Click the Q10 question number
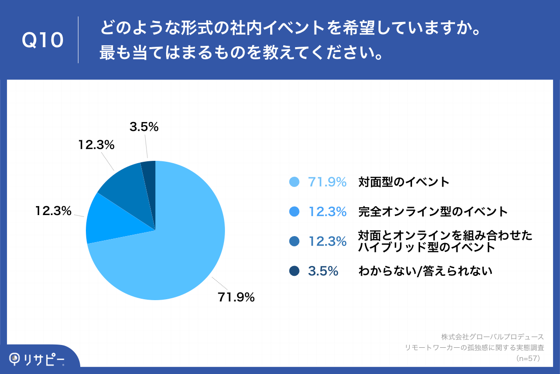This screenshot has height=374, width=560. (42, 40)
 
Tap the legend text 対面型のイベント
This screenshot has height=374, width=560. (404, 182)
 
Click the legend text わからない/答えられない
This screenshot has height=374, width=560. (425, 271)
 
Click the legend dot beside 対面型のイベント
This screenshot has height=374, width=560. (294, 182)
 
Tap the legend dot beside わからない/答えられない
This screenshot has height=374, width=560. (294, 271)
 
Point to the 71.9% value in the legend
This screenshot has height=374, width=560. (327, 182)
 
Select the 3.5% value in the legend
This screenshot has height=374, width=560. (323, 271)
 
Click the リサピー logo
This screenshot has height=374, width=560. (37, 359)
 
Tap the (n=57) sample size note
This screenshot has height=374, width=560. (528, 359)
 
